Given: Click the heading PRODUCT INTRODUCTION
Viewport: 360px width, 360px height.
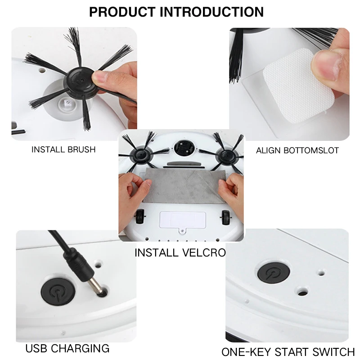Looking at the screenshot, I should pyautogui.click(x=176, y=12).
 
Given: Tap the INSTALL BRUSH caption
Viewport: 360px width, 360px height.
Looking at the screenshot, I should pyautogui.click(x=63, y=149).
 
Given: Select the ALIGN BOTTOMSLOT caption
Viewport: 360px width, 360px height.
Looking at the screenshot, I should pyautogui.click(x=297, y=150).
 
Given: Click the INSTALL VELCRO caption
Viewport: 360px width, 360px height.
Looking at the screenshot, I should pyautogui.click(x=180, y=252).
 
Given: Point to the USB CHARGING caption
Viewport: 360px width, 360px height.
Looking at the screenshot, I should pyautogui.click(x=67, y=348).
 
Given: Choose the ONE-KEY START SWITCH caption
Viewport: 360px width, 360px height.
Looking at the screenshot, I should pyautogui.click(x=288, y=352).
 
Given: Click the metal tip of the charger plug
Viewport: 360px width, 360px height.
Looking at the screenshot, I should pyautogui.click(x=95, y=286).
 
